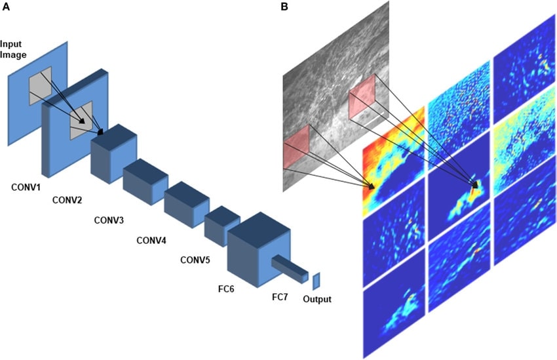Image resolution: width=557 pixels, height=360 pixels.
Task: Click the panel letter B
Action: tap(284, 7)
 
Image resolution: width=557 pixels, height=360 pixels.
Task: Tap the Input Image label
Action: tap(13, 50)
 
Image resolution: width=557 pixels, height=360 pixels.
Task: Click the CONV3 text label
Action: tap(109, 220)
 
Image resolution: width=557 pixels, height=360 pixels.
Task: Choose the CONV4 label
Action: tap(151, 240)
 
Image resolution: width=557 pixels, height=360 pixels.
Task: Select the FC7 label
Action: tap(280, 297)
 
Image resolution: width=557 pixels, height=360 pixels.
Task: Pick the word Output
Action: tap(317, 300)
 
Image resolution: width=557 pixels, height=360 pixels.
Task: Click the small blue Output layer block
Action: tap(316, 281)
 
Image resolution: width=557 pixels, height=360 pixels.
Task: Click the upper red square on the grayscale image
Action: tap(362, 97)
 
